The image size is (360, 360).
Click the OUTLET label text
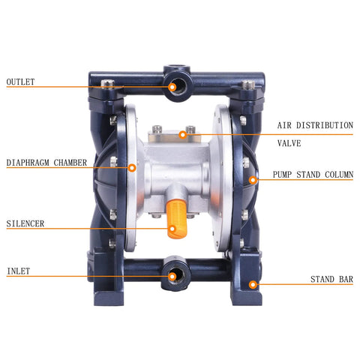(x=21, y=82)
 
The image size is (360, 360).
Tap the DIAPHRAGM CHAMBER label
(x=46, y=162)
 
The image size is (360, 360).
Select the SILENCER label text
(x=25, y=223)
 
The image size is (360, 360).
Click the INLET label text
(x=19, y=270)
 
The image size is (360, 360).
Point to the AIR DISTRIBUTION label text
(x=315, y=125)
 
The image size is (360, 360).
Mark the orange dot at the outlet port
(x=172, y=87)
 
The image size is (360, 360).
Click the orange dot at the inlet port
(x=172, y=276)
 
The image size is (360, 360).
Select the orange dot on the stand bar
(x=253, y=284)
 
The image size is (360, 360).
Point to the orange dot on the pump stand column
(x=253, y=179)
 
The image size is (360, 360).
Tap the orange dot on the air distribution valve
(x=182, y=135)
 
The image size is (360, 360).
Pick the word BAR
(x=346, y=280)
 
